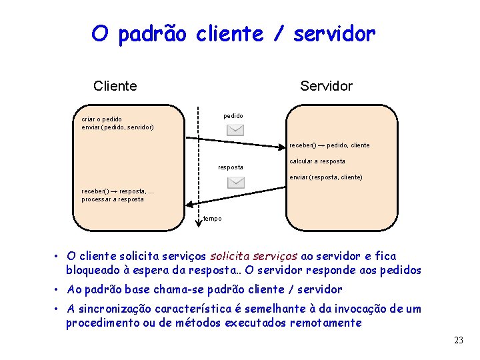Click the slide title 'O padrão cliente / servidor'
233,33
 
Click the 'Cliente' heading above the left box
115,86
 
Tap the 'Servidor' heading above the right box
326,86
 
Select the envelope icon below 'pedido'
235,130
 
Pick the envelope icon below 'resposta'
235,182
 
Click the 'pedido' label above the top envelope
233,116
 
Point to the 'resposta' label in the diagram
231,167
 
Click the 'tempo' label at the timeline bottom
213,219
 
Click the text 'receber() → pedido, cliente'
329,145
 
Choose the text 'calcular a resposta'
317,161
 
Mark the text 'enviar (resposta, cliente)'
326,177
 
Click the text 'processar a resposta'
113,199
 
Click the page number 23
458,340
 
